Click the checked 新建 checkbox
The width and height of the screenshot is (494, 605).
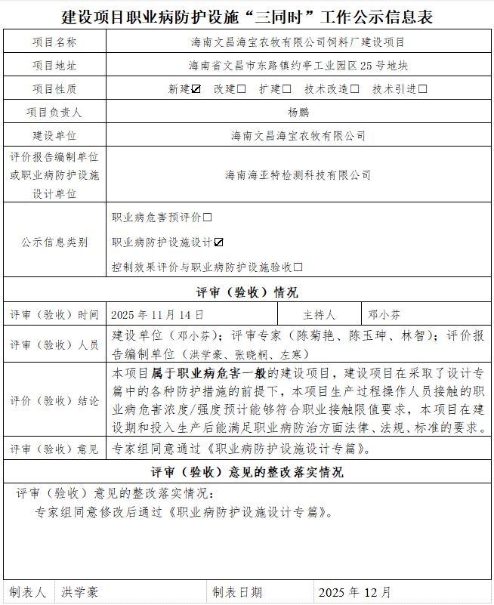(x=196, y=89)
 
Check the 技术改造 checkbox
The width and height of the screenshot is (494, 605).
(x=355, y=89)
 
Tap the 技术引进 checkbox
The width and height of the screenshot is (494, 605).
(x=423, y=89)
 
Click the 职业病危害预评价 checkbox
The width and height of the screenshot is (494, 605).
(x=208, y=218)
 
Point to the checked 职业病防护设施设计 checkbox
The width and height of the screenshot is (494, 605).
(x=218, y=242)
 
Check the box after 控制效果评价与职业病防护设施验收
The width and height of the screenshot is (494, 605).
(x=298, y=267)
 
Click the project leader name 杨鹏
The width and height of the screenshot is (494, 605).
(x=298, y=113)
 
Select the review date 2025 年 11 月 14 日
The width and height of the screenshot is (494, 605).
(x=157, y=314)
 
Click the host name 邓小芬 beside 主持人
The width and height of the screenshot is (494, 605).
(x=384, y=314)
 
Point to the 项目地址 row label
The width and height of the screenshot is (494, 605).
(x=54, y=66)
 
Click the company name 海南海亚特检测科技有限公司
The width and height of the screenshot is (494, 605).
(x=298, y=175)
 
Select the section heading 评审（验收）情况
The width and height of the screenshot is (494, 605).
(x=246, y=292)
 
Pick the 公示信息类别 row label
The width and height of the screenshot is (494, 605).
(x=54, y=242)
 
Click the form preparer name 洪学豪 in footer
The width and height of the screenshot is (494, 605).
(x=80, y=592)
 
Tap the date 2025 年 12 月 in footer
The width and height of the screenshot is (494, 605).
(x=355, y=592)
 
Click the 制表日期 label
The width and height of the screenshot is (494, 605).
(x=237, y=592)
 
